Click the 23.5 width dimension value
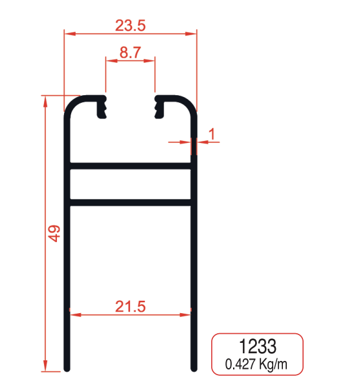(x=130, y=25)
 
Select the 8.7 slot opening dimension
(x=130, y=53)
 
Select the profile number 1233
(x=257, y=345)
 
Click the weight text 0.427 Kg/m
(x=257, y=364)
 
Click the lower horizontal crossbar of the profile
(x=130, y=203)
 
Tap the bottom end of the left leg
(x=67, y=369)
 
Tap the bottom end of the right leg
(x=193, y=369)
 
